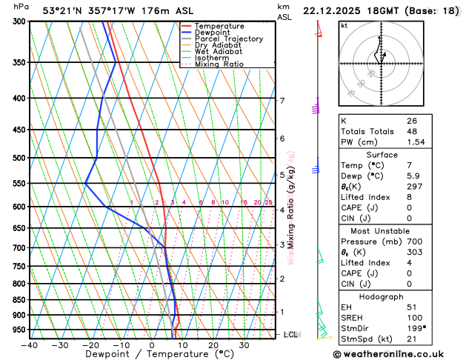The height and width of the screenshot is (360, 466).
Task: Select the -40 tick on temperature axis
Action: [30, 345]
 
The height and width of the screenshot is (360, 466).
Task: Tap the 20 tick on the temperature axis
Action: [213, 345]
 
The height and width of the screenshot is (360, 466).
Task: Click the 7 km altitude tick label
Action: [282, 101]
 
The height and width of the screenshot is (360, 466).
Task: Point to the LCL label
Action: [290, 335]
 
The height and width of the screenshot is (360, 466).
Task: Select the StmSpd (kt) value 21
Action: [411, 339]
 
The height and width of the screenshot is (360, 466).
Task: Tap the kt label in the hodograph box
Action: [344, 26]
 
